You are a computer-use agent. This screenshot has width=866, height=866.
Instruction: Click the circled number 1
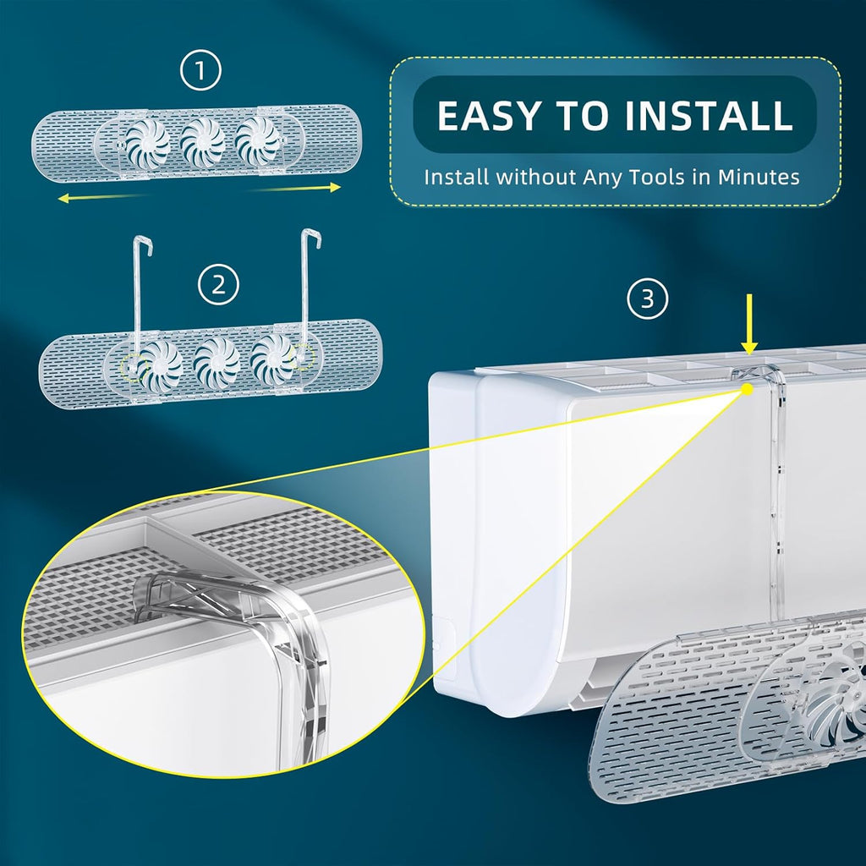click(200, 70)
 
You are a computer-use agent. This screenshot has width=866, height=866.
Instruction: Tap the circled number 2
click(219, 285)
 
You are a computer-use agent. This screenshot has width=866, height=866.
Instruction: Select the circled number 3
click(647, 299)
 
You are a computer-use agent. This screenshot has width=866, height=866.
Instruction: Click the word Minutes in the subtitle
click(759, 178)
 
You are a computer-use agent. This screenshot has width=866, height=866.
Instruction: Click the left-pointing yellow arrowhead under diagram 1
click(63, 198)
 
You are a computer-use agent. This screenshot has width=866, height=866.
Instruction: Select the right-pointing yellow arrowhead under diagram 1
click(335, 188)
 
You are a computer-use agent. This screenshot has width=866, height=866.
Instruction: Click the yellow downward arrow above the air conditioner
click(749, 324)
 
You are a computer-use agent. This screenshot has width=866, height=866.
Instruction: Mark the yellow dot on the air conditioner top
click(748, 389)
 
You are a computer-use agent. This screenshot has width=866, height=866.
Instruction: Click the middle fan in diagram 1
click(202, 142)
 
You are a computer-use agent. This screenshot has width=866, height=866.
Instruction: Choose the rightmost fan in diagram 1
click(257, 140)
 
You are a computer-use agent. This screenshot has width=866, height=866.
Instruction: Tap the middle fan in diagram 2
click(216, 362)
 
